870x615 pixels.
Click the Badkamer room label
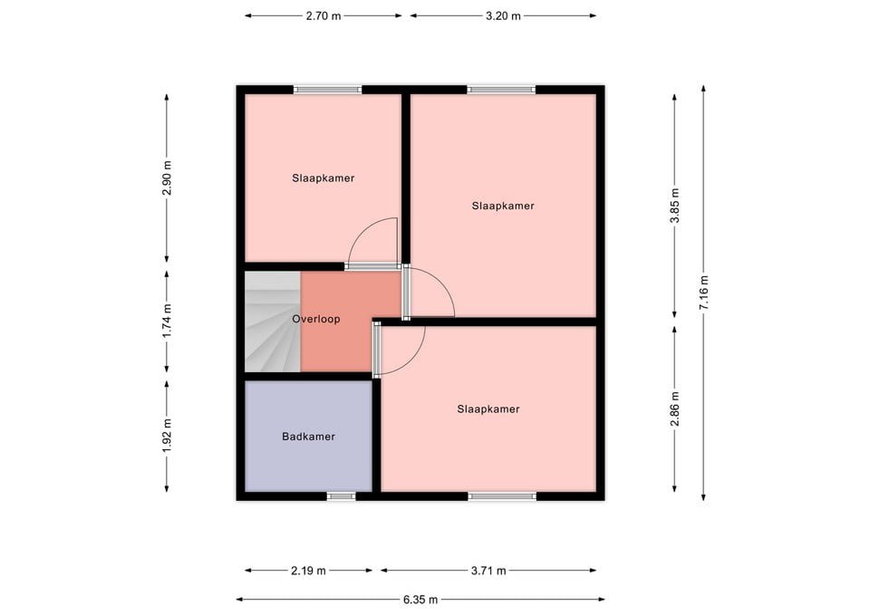point(308,437)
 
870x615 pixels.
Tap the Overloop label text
point(316,319)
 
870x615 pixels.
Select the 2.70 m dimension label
point(324,16)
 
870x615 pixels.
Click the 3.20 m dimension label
point(503,16)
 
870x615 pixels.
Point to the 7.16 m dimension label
point(703,293)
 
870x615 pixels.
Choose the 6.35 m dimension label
point(420,600)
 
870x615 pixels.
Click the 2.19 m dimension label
point(308,571)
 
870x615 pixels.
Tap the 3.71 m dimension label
point(488,571)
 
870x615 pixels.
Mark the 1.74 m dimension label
point(167,322)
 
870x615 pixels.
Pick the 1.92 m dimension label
point(167,436)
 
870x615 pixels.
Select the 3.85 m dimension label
point(674,206)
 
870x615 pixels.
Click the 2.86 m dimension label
point(674,408)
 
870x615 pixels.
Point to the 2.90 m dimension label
point(167,178)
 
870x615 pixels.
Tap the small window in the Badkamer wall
point(342,496)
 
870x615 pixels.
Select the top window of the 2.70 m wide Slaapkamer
point(328,90)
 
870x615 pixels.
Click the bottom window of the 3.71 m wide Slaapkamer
point(503,496)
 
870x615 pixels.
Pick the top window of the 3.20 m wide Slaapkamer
point(501,90)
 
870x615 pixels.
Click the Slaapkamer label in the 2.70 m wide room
point(324,178)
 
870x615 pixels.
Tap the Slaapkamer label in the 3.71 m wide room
point(488,409)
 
